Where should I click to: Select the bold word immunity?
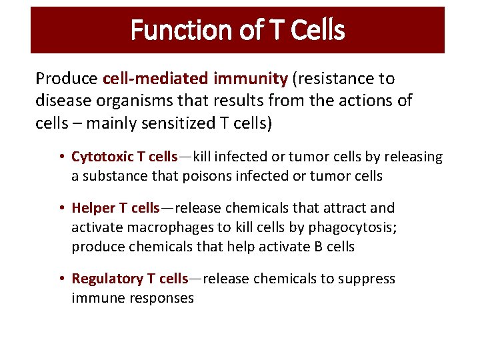pos(251,79)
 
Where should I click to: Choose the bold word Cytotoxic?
pos(103,157)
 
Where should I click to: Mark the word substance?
pos(112,176)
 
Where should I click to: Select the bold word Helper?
pos(94,208)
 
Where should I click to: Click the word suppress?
pos(365,279)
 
